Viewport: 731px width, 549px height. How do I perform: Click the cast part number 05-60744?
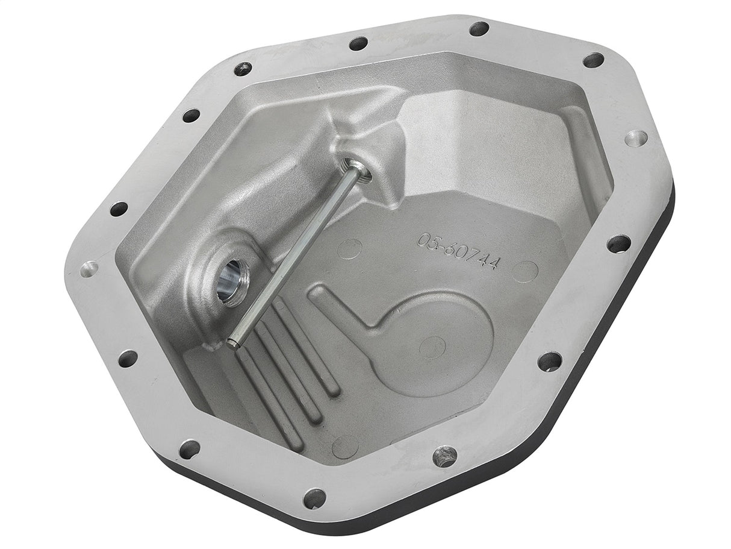pyautogui.click(x=457, y=250)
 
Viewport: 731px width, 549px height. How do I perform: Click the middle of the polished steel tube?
pyautogui.click(x=295, y=253)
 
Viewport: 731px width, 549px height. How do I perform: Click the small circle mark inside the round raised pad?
pyautogui.click(x=432, y=347)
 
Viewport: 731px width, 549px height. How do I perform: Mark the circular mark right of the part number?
pyautogui.click(x=525, y=272)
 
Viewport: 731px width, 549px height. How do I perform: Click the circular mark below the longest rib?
pyautogui.click(x=345, y=447)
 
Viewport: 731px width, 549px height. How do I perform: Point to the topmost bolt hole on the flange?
pyautogui.click(x=479, y=28)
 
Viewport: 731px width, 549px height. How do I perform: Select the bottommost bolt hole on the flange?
pyautogui.click(x=314, y=498)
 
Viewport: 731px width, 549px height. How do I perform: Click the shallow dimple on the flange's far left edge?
pyautogui.click(x=89, y=268)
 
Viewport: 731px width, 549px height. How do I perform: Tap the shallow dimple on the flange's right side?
pyautogui.click(x=636, y=138)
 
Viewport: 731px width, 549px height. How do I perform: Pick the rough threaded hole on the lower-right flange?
pyautogui.click(x=444, y=456)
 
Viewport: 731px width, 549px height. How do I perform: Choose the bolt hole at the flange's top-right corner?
pyautogui.click(x=593, y=60)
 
